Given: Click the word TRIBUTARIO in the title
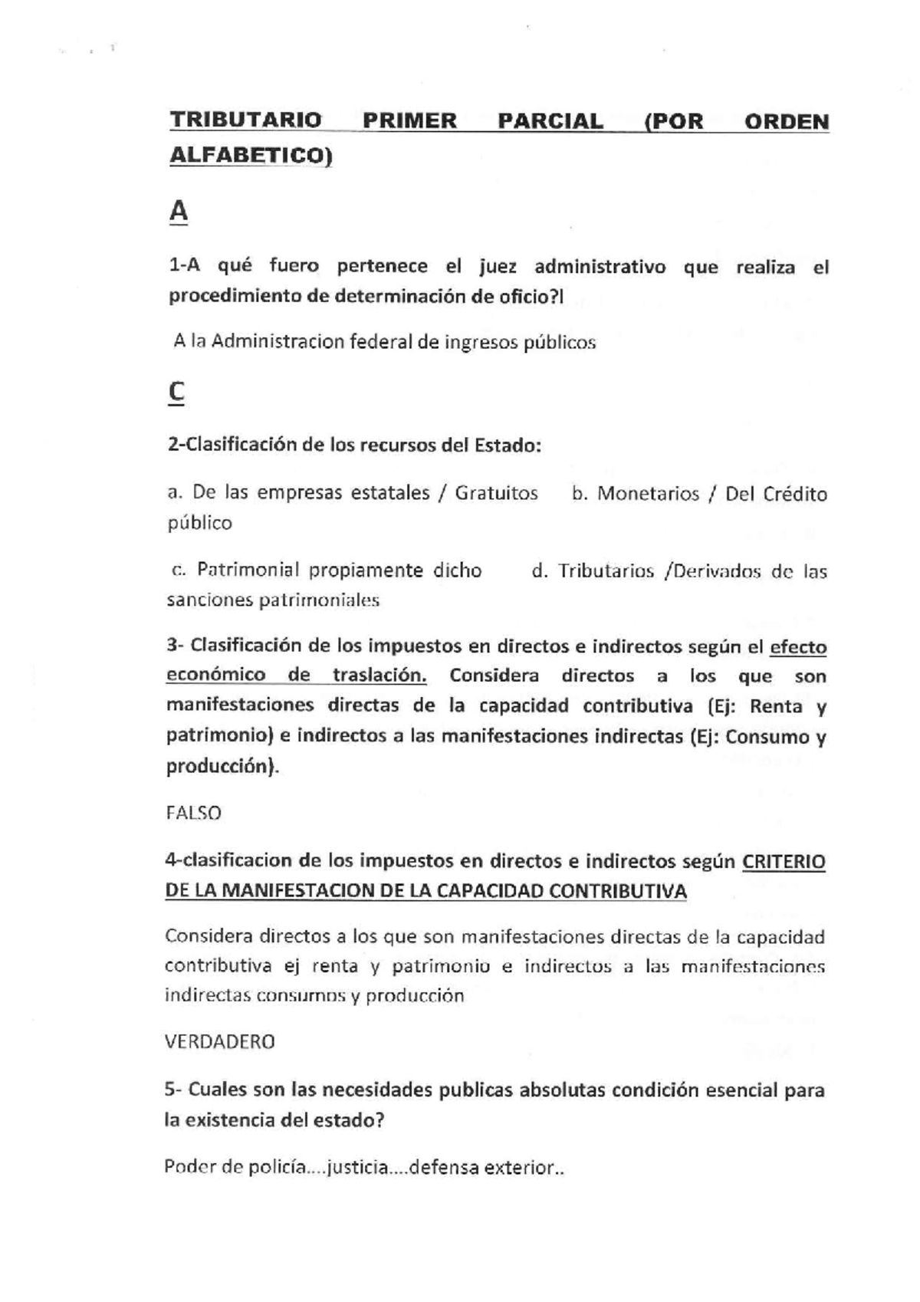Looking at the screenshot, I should click(x=245, y=121).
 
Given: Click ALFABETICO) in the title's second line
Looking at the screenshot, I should click(x=250, y=156).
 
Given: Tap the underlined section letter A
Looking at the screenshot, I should click(x=178, y=211).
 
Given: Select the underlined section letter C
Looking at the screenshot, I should click(x=176, y=393).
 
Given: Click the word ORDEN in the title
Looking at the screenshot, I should click(x=787, y=122).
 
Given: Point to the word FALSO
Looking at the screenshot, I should click(x=193, y=813).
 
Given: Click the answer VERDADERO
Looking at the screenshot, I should click(x=219, y=1041).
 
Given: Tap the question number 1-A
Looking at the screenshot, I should click(x=184, y=267).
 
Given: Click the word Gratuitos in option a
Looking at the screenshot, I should click(x=496, y=493).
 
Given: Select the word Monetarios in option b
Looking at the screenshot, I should click(x=648, y=494).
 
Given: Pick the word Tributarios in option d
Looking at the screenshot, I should click(x=606, y=571).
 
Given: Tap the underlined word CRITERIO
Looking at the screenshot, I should click(x=784, y=862).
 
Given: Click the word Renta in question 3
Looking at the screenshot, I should click(x=775, y=706).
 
